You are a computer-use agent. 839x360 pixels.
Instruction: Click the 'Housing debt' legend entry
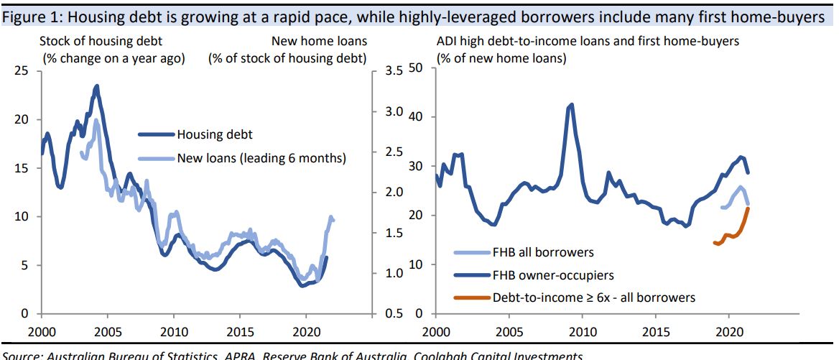pos(215,134)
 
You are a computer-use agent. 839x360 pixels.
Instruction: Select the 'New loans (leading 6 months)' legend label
pos(261,158)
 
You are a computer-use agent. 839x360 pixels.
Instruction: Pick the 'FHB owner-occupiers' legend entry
pos(552,274)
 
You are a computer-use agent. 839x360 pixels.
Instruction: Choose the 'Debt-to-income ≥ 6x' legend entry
pos(594,296)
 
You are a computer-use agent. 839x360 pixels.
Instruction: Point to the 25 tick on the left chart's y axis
pos(22,71)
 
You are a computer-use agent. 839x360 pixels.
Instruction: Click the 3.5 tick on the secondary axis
pos(394,71)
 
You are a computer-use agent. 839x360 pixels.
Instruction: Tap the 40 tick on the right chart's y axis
pos(417,117)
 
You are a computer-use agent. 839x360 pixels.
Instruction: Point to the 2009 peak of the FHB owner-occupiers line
pos(571,105)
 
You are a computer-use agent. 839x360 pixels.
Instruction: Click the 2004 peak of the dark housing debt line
pos(97,86)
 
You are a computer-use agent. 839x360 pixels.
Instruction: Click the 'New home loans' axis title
pos(320,42)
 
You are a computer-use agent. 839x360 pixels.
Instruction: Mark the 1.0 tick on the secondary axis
pos(394,273)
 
